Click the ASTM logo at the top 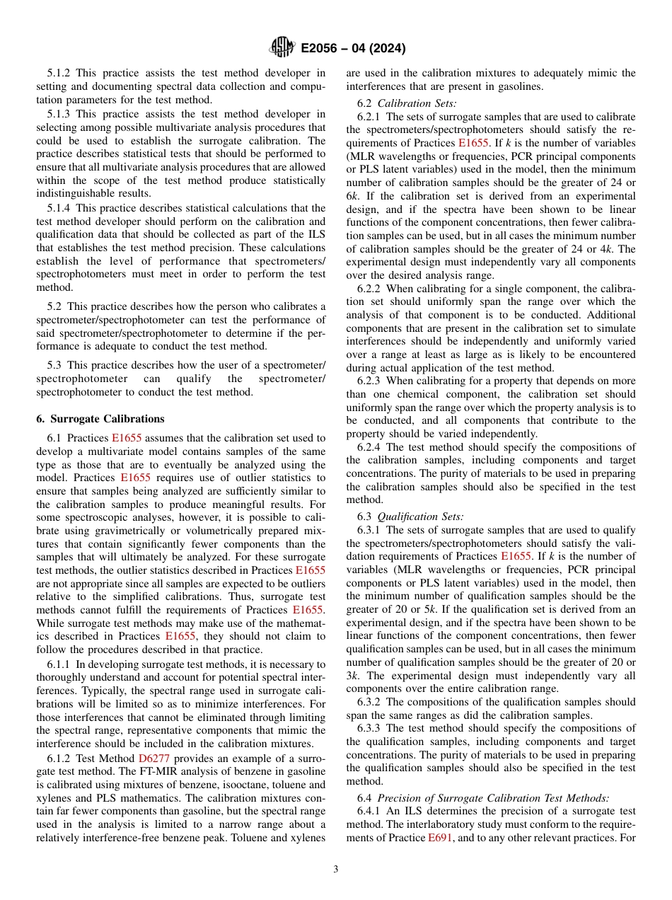282,48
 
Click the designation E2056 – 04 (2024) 352,49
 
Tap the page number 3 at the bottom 336,869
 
